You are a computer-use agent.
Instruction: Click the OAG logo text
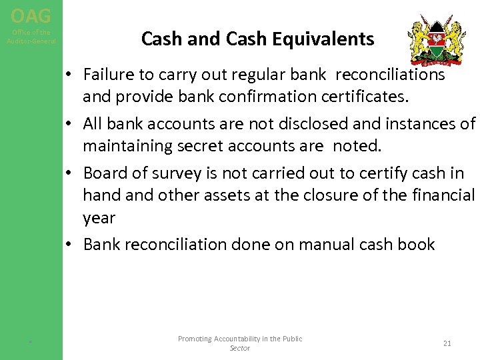coord(31,14)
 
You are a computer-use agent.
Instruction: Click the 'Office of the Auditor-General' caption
coord(31,37)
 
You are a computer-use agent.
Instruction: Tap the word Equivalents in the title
coord(332,39)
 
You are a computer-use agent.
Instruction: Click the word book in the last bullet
coord(418,244)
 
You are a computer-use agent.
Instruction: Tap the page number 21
coord(447,343)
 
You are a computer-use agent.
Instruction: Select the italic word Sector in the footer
coord(239,348)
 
